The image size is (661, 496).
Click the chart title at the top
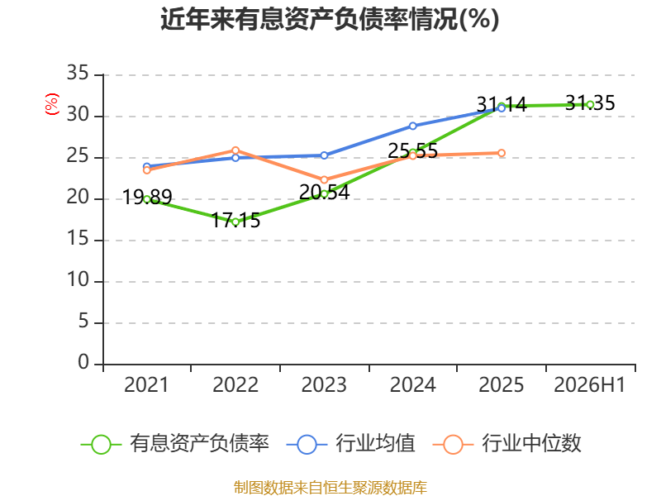[330, 19]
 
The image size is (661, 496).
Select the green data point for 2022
[235, 222]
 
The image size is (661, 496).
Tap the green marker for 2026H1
[590, 105]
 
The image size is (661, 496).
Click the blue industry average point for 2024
[412, 126]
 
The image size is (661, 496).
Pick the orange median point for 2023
[324, 179]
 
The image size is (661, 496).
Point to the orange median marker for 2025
[502, 153]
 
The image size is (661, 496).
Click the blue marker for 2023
[324, 155]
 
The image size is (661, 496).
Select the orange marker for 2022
[235, 150]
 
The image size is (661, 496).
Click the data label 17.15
[235, 220]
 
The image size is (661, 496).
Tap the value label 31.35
[590, 103]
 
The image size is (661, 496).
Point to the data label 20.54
[324, 193]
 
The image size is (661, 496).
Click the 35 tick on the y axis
[78, 73]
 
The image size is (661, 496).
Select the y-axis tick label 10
[78, 279]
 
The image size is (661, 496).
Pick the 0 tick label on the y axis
[83, 362]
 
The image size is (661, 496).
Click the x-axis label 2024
[412, 384]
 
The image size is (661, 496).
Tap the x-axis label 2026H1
[589, 384]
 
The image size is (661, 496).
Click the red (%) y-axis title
[52, 104]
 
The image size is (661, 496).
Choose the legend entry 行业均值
[350, 444]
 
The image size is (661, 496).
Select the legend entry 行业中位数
[507, 444]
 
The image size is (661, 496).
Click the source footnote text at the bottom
[330, 488]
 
